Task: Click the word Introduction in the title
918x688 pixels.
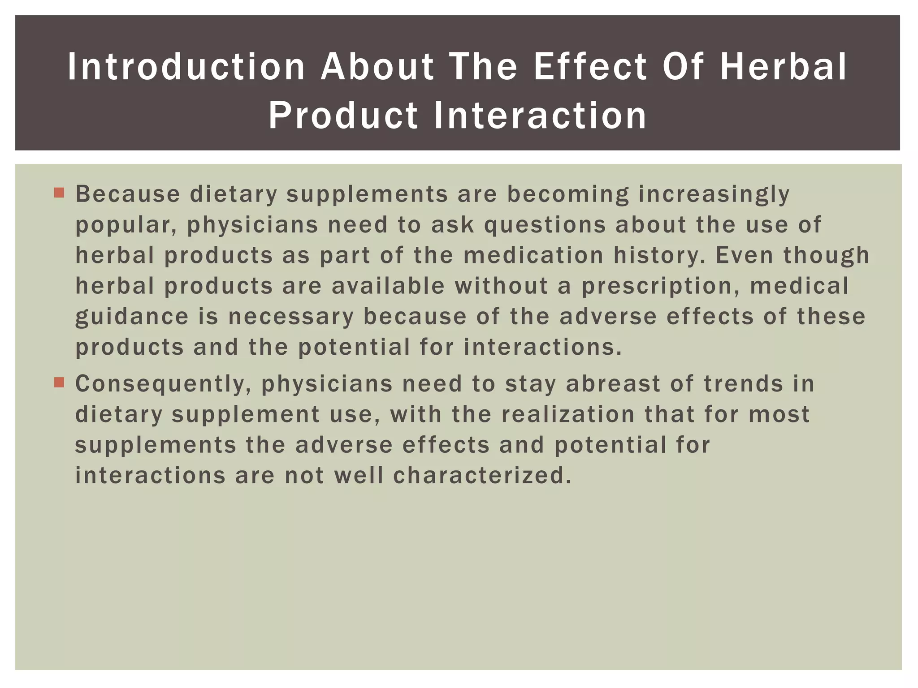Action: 186,67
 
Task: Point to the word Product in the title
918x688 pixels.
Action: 343,115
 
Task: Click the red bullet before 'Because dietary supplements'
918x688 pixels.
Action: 59,193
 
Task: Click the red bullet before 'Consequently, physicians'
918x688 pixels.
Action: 59,383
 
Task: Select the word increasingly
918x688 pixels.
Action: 714,194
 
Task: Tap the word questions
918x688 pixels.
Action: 545,225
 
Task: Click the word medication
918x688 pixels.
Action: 533,255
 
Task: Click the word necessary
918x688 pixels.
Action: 291,316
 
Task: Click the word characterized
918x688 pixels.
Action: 482,475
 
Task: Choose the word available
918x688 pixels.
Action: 388,286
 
